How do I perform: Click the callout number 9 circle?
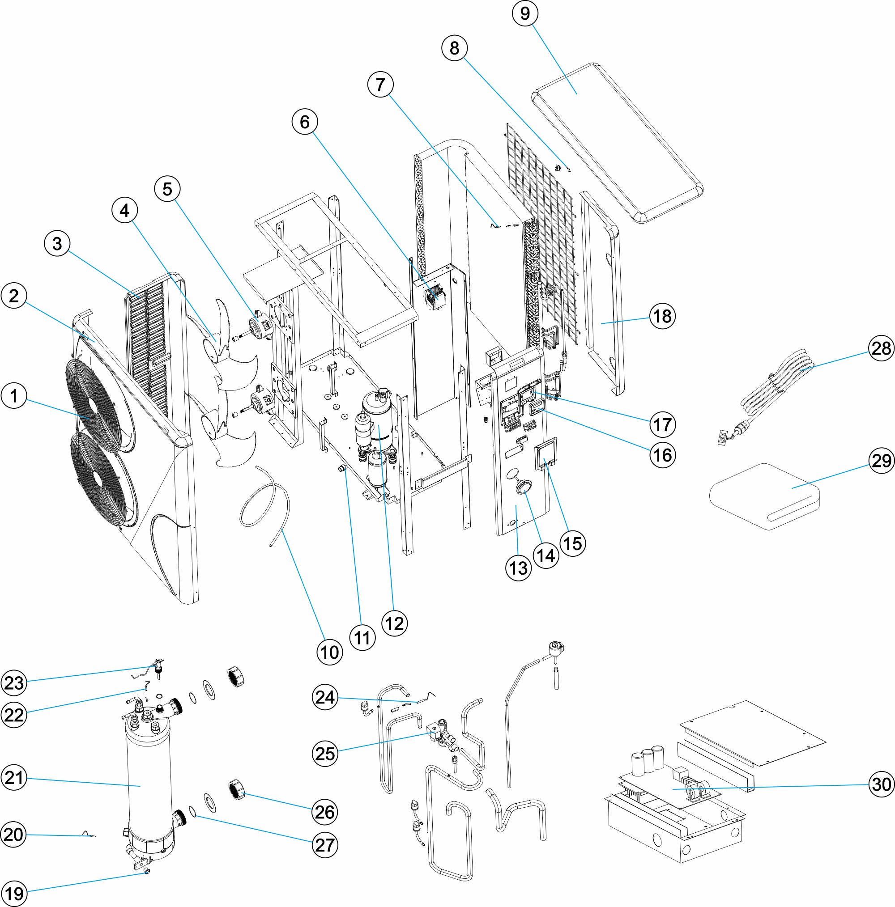[525, 13]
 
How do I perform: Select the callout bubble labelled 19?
[13, 894]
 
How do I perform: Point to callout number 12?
[394, 623]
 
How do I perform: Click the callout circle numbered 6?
[304, 122]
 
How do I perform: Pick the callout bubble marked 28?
[881, 348]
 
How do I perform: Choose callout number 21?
[13, 778]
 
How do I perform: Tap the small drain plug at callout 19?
[147, 871]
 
